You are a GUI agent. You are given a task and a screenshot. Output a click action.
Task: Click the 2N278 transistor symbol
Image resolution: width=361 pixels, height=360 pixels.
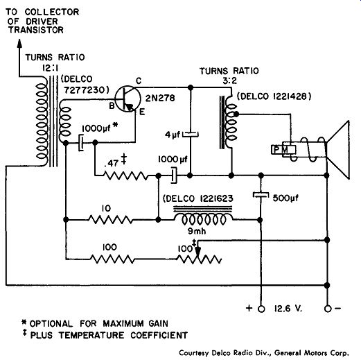click(x=127, y=99)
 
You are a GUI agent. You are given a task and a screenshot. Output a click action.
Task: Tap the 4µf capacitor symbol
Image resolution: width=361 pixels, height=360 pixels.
click(x=191, y=134)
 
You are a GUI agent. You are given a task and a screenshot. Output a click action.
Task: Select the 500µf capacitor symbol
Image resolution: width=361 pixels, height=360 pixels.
click(x=261, y=195)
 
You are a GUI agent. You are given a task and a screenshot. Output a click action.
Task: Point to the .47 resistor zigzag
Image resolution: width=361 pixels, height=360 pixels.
click(x=126, y=175)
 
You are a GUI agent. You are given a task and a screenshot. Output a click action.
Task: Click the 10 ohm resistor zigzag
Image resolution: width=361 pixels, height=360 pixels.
click(x=111, y=219)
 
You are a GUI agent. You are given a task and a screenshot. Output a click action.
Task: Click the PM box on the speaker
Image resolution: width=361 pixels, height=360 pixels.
click(x=283, y=150)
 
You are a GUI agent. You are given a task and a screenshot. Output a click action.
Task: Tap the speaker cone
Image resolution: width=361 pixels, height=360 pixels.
click(x=337, y=150)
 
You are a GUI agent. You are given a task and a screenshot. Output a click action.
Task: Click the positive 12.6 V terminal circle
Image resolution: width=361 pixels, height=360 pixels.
click(x=261, y=309)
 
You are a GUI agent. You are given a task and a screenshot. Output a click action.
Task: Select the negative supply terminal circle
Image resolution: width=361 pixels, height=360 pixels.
click(x=328, y=309)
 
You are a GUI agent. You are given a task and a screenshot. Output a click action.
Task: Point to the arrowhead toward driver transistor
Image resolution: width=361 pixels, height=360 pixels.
click(x=19, y=44)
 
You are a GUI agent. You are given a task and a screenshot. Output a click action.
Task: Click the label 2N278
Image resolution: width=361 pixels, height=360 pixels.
click(x=160, y=98)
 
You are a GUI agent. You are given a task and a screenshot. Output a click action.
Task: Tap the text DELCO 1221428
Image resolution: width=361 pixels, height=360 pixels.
click(x=274, y=96)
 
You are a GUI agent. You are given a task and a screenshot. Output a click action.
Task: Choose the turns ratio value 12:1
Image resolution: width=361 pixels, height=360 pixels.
click(x=50, y=68)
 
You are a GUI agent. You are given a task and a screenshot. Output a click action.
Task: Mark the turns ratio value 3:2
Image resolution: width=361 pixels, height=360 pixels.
click(x=229, y=80)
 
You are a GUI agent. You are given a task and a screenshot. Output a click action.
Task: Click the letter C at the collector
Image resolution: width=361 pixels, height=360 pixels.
click(x=139, y=81)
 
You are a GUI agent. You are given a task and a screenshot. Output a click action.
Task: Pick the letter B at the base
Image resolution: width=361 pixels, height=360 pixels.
click(x=112, y=106)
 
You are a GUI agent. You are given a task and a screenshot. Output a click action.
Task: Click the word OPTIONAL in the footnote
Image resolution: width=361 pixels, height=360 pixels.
click(x=51, y=323)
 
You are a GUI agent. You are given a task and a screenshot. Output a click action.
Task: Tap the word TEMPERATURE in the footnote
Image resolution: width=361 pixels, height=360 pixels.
click(x=91, y=335)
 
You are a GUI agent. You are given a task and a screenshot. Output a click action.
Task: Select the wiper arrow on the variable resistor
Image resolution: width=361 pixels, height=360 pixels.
click(x=198, y=249)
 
